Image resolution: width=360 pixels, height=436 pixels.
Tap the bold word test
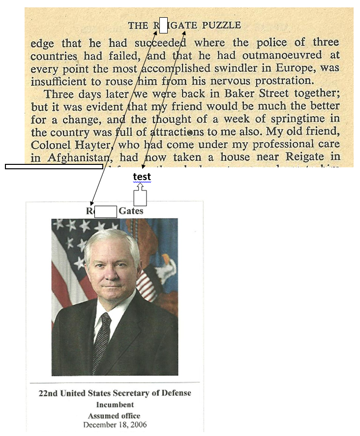click(142, 177)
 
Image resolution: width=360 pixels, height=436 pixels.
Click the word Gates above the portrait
click(131, 211)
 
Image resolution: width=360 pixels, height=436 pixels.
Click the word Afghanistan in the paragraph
click(74, 157)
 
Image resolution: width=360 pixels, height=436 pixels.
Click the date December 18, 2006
click(115, 425)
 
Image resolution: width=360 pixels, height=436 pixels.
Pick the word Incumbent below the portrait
click(115, 405)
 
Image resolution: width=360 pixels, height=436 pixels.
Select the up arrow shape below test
click(141, 195)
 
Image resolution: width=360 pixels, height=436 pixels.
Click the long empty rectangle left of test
click(54, 166)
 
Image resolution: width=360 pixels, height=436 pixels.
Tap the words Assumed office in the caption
click(115, 416)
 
